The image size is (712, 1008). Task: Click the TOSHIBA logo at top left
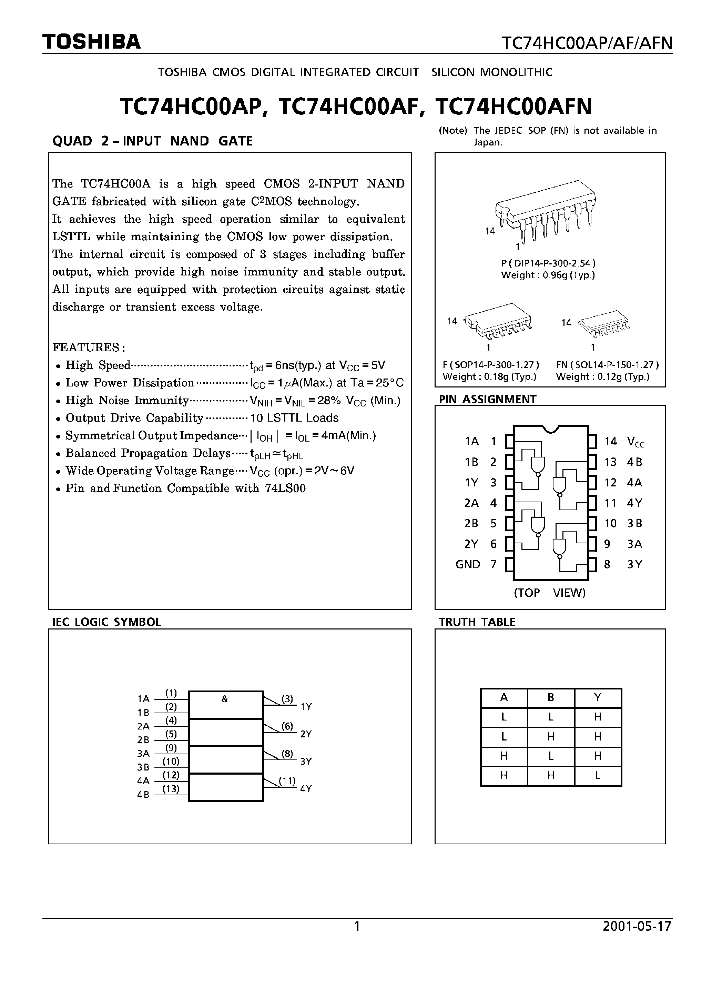pyautogui.click(x=91, y=42)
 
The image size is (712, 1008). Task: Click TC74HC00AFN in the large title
pyautogui.click(x=513, y=107)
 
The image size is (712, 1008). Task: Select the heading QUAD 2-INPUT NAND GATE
pyautogui.click(x=152, y=141)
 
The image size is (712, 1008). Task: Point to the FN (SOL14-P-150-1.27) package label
pyautogui.click(x=607, y=365)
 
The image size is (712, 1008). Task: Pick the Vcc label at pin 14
pyautogui.click(x=635, y=442)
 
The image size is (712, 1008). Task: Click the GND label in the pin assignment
pyautogui.click(x=468, y=565)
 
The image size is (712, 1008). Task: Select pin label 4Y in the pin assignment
pyautogui.click(x=634, y=503)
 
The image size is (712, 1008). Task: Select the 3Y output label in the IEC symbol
pyautogui.click(x=306, y=761)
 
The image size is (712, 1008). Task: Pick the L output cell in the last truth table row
pyautogui.click(x=598, y=776)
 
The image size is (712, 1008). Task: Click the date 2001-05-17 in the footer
pyautogui.click(x=637, y=926)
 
